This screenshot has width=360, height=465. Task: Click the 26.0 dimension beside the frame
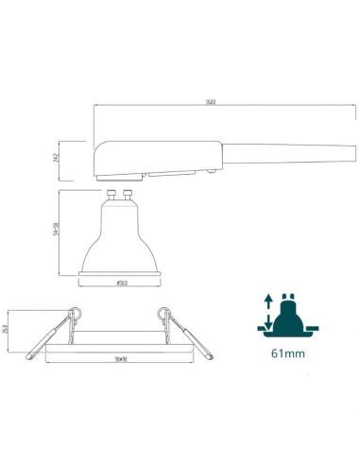click(x=8, y=330)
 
